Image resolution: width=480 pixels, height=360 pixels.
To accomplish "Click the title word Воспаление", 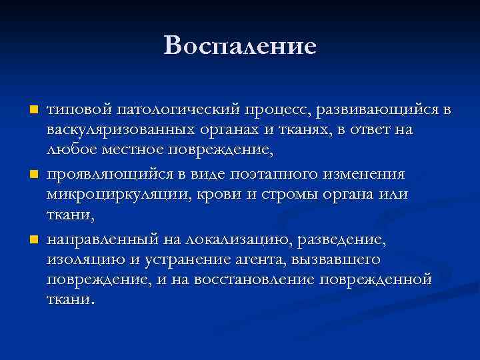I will (x=239, y=45).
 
